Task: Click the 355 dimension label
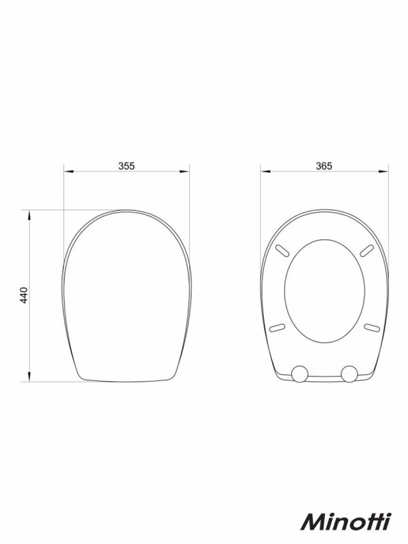(x=126, y=166)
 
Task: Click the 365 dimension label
(x=324, y=166)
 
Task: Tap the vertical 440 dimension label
(x=24, y=295)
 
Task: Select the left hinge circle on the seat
(x=299, y=373)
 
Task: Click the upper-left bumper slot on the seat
(x=282, y=251)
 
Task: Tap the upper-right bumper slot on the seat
(x=367, y=251)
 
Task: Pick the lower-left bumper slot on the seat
(x=277, y=327)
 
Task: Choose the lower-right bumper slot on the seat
(x=371, y=327)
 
